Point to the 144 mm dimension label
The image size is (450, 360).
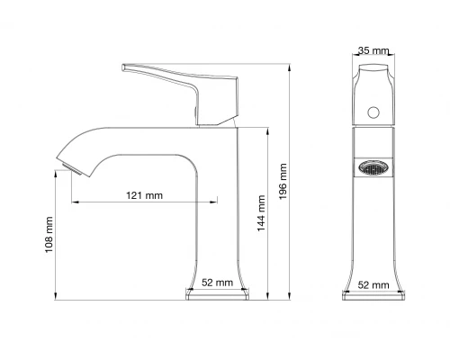click(x=261, y=217)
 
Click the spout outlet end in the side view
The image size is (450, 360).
click(x=66, y=163)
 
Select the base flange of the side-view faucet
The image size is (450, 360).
click(x=216, y=294)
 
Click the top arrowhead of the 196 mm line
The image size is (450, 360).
click(x=291, y=66)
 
